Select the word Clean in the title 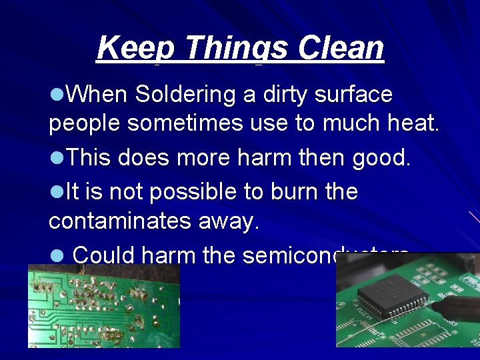(x=341, y=49)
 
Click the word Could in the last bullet (x=101, y=255)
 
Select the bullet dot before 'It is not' (x=57, y=192)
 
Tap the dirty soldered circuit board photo (x=103, y=305)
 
